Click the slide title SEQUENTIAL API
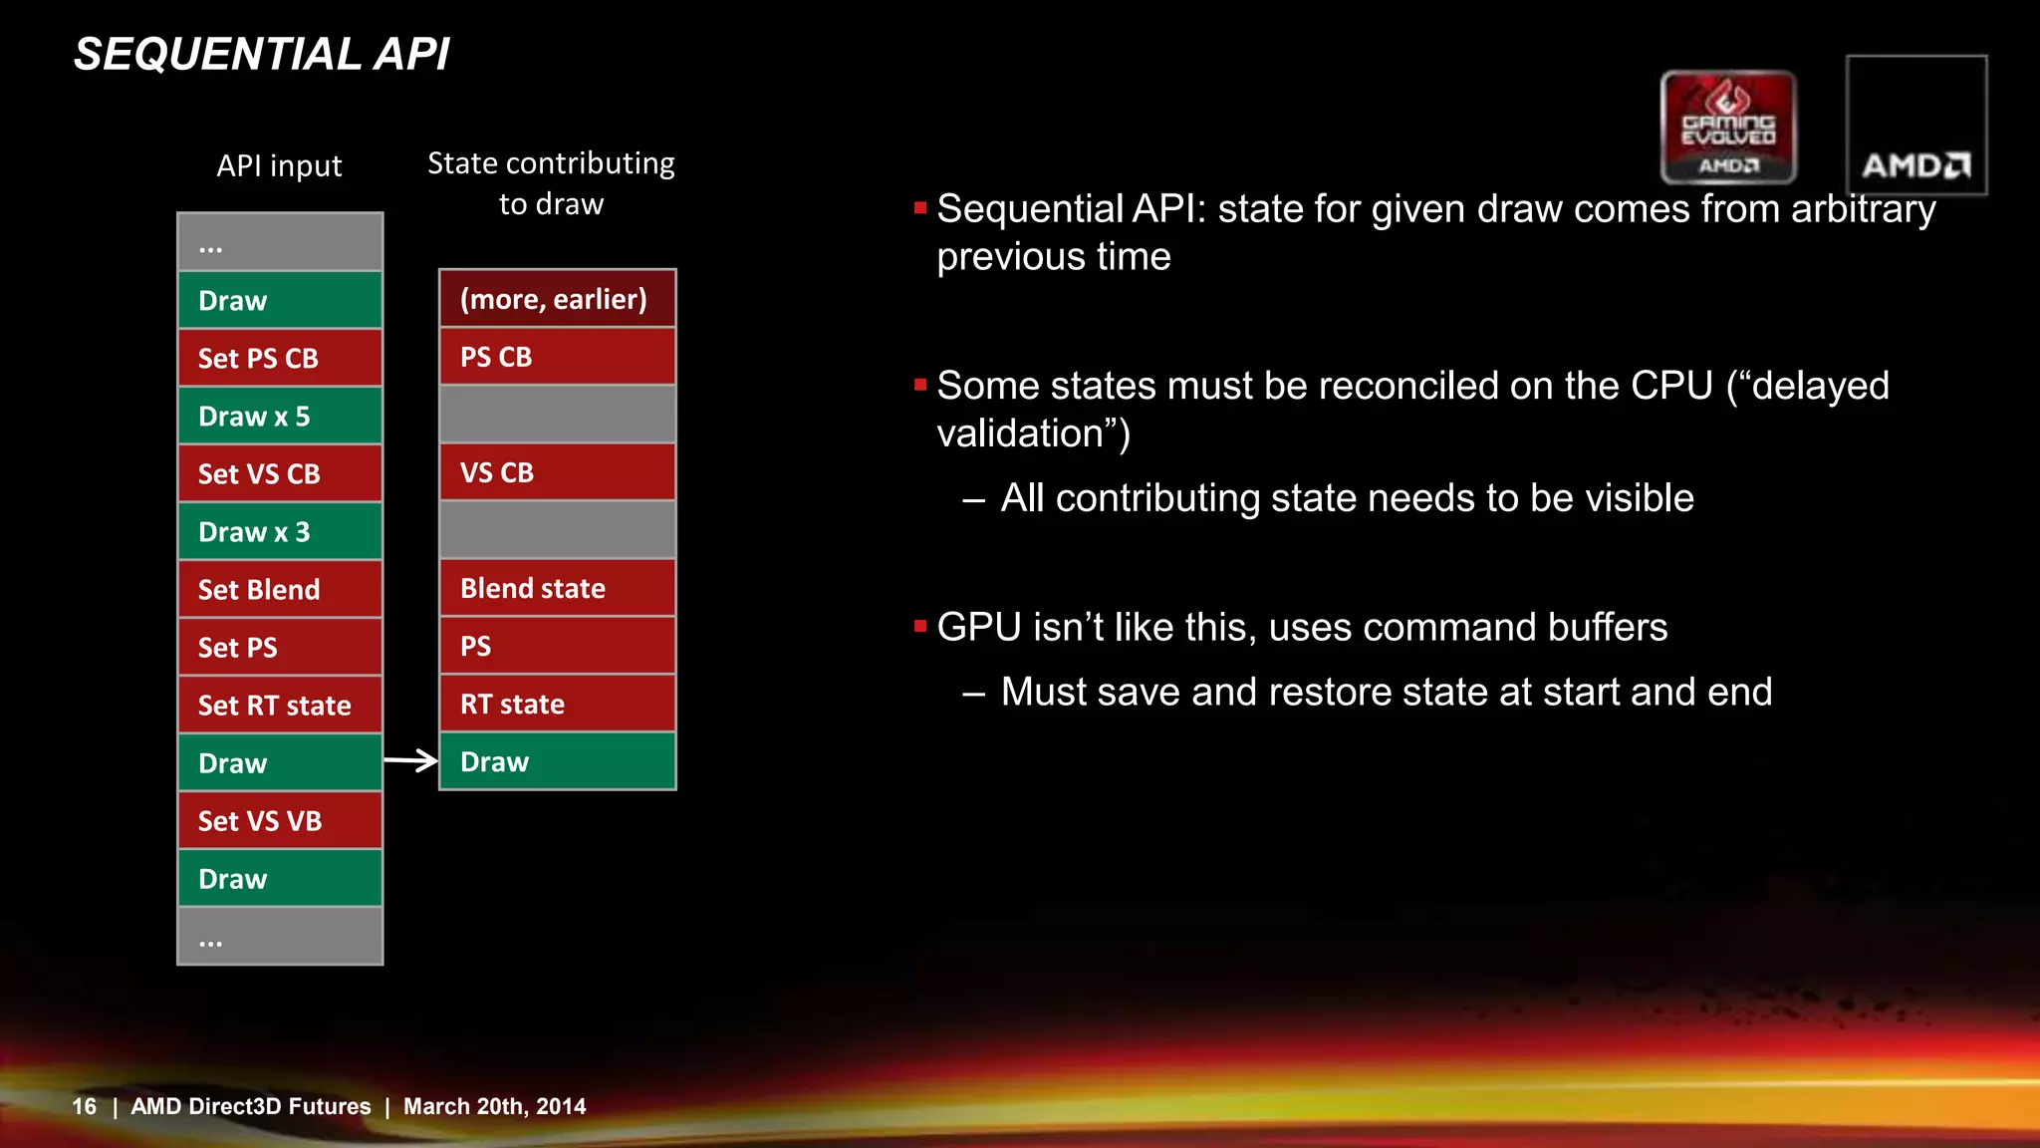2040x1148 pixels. pyautogui.click(x=261, y=55)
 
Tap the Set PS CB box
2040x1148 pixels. pyautogui.click(x=280, y=358)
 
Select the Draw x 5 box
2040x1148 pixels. pyautogui.click(x=280, y=416)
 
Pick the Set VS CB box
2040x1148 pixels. pyautogui.click(x=280, y=473)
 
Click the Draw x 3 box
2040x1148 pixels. pyautogui.click(x=280, y=531)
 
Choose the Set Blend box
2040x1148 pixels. pyautogui.click(x=280, y=589)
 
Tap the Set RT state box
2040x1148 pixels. pyautogui.click(x=280, y=705)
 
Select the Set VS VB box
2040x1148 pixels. pyautogui.click(x=280, y=820)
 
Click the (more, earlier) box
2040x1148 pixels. pyautogui.click(x=557, y=298)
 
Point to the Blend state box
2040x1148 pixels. pyautogui.click(x=557, y=588)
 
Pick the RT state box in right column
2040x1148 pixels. pyautogui.click(x=557, y=704)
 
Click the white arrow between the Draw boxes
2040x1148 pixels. pyautogui.click(x=410, y=761)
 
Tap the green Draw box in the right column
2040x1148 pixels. pyautogui.click(x=557, y=761)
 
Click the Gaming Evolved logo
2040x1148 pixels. pyautogui.click(x=1728, y=127)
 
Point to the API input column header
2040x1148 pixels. pyautogui.click(x=279, y=165)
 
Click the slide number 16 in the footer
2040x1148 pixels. pyautogui.click(x=84, y=1106)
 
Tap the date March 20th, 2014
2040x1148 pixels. pyautogui.click(x=494, y=1106)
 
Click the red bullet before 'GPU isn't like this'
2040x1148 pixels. pyautogui.click(x=920, y=627)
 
